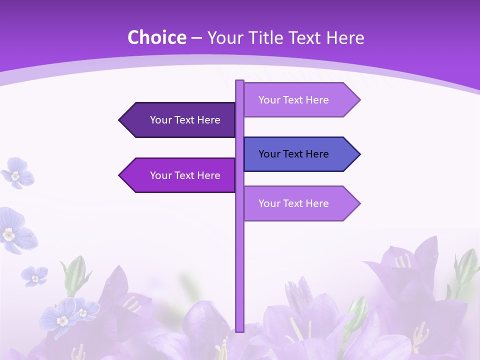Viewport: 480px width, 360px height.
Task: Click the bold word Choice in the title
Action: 156,37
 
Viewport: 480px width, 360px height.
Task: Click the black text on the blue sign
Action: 293,154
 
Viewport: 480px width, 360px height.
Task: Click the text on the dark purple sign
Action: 185,120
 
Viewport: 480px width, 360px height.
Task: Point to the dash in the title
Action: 196,38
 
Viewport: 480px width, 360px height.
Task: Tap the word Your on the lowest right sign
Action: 269,203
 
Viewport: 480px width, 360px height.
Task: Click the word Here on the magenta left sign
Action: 208,175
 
